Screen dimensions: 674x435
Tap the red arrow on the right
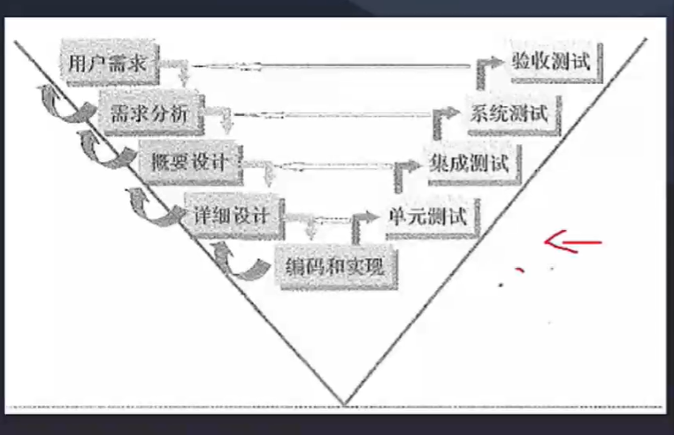572,240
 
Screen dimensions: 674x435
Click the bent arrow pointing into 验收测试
486,71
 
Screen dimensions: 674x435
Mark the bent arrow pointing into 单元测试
361,225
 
